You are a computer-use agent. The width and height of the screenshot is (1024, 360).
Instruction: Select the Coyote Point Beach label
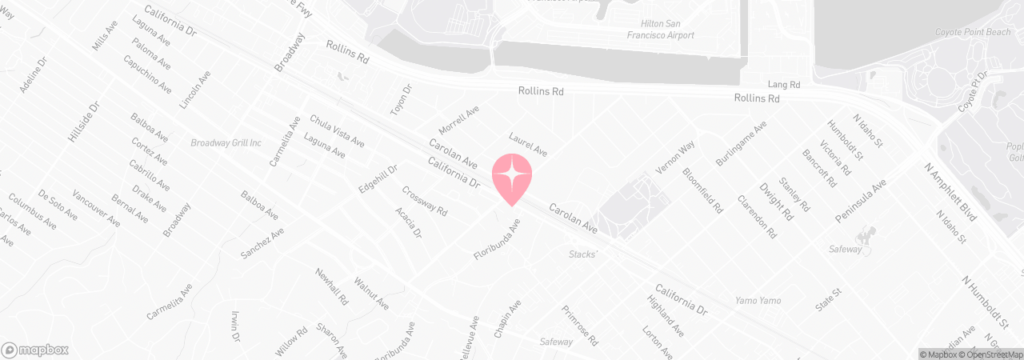(x=973, y=32)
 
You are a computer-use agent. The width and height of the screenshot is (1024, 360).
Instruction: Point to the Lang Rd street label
(x=783, y=84)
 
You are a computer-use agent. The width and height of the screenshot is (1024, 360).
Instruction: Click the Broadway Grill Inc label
(x=226, y=143)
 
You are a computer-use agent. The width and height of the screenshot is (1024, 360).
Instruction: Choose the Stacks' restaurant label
(x=583, y=254)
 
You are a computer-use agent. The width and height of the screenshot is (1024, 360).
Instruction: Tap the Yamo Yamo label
(x=758, y=301)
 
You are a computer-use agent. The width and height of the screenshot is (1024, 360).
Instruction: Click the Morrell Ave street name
(x=459, y=120)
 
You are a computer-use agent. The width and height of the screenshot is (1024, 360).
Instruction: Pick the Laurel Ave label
(x=528, y=145)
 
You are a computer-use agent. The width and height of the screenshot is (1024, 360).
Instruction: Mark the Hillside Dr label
(x=83, y=122)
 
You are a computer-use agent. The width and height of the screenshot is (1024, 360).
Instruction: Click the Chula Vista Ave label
(x=337, y=130)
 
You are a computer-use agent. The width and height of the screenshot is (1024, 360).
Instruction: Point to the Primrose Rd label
(x=580, y=325)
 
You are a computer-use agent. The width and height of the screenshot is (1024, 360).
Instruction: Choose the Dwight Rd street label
(x=776, y=203)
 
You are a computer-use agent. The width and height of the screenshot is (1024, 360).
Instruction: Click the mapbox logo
(x=35, y=350)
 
